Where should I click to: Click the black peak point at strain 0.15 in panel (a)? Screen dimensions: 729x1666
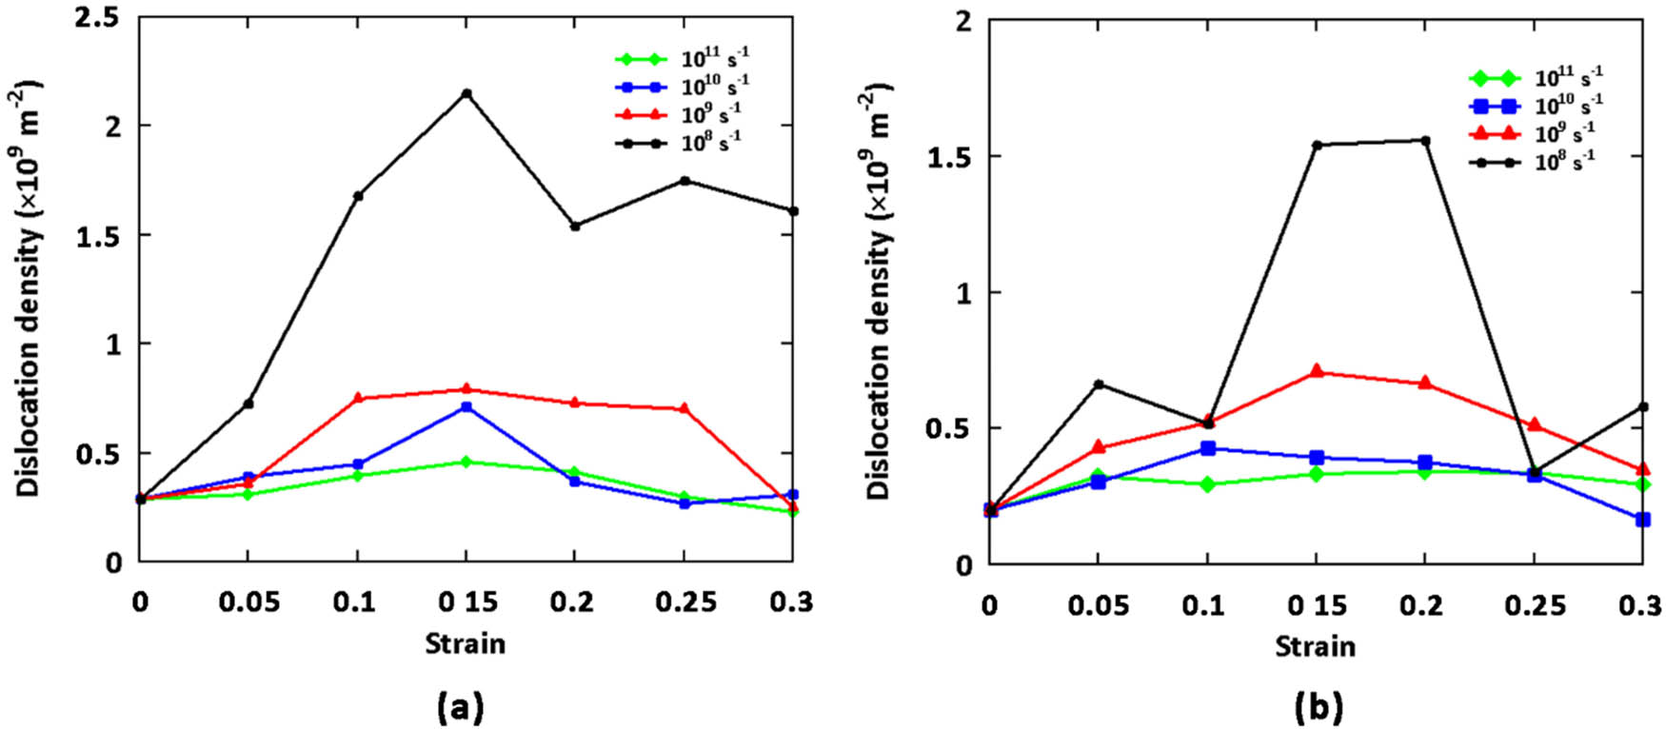coord(466,93)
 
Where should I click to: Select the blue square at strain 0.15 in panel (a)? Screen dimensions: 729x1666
coord(466,407)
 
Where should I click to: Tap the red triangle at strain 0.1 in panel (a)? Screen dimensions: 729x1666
coord(358,398)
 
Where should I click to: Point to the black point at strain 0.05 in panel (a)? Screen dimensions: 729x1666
coord(248,404)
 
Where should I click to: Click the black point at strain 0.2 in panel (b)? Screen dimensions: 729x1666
coord(1425,141)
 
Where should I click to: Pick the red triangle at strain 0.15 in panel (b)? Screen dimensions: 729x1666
coord(1317,371)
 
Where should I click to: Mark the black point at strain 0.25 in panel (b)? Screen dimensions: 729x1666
coord(1535,472)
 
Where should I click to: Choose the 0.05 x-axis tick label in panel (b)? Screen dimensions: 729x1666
coord(1098,605)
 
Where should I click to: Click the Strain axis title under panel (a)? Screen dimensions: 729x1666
coord(466,644)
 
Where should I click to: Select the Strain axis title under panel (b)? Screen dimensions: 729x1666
coord(1316,647)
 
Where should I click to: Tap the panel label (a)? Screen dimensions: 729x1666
coord(460,706)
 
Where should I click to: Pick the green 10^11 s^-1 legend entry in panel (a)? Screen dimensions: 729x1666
coord(682,59)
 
